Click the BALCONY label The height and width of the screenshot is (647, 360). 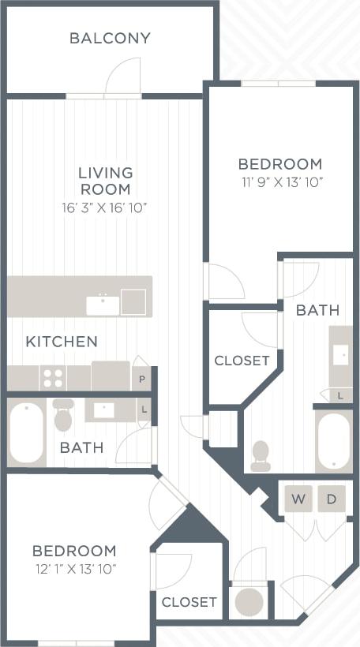(x=110, y=38)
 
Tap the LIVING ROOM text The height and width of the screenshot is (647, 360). (x=105, y=181)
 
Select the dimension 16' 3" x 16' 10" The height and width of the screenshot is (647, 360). (x=105, y=208)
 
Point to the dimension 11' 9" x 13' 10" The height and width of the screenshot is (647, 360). (x=280, y=182)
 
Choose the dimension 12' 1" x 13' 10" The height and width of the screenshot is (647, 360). (x=74, y=568)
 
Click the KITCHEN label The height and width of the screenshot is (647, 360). (x=62, y=342)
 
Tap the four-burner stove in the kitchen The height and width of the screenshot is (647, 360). (x=53, y=378)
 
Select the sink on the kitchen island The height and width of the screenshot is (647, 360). (x=103, y=304)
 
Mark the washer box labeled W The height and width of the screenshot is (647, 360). (x=298, y=499)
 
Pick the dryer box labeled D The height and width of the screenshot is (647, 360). (x=332, y=499)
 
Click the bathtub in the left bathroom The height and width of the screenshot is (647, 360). (x=27, y=433)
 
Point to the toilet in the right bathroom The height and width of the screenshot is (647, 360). (x=260, y=455)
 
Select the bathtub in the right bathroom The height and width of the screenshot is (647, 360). (x=333, y=440)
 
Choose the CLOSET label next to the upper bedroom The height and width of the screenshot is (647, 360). (x=242, y=361)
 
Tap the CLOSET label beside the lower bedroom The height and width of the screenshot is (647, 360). (x=189, y=602)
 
